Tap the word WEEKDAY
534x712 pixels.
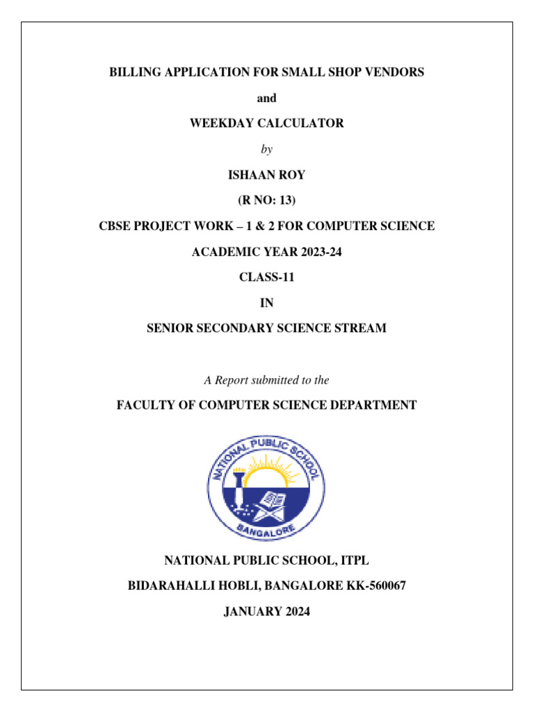coord(220,123)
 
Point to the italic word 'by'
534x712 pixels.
coord(267,149)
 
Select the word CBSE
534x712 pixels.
coord(114,226)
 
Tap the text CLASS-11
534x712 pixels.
coord(267,277)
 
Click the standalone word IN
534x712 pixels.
coord(267,302)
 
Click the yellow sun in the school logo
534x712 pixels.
coord(267,476)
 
